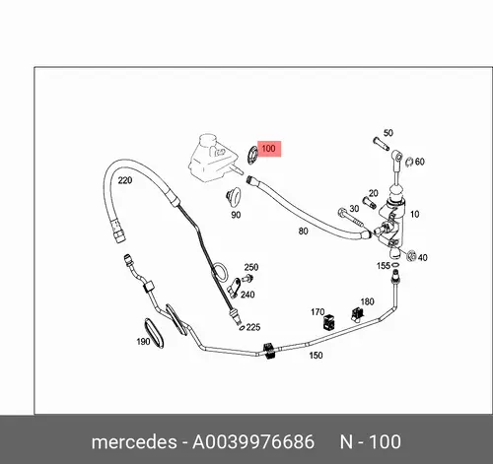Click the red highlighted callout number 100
(268, 149)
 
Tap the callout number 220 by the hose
(125, 180)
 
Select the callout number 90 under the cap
(236, 215)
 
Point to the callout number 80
(304, 232)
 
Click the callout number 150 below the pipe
(316, 355)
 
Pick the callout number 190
(143, 342)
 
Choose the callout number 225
(253, 327)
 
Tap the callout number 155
(384, 266)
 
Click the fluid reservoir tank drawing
(213, 157)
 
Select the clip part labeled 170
(328, 322)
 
